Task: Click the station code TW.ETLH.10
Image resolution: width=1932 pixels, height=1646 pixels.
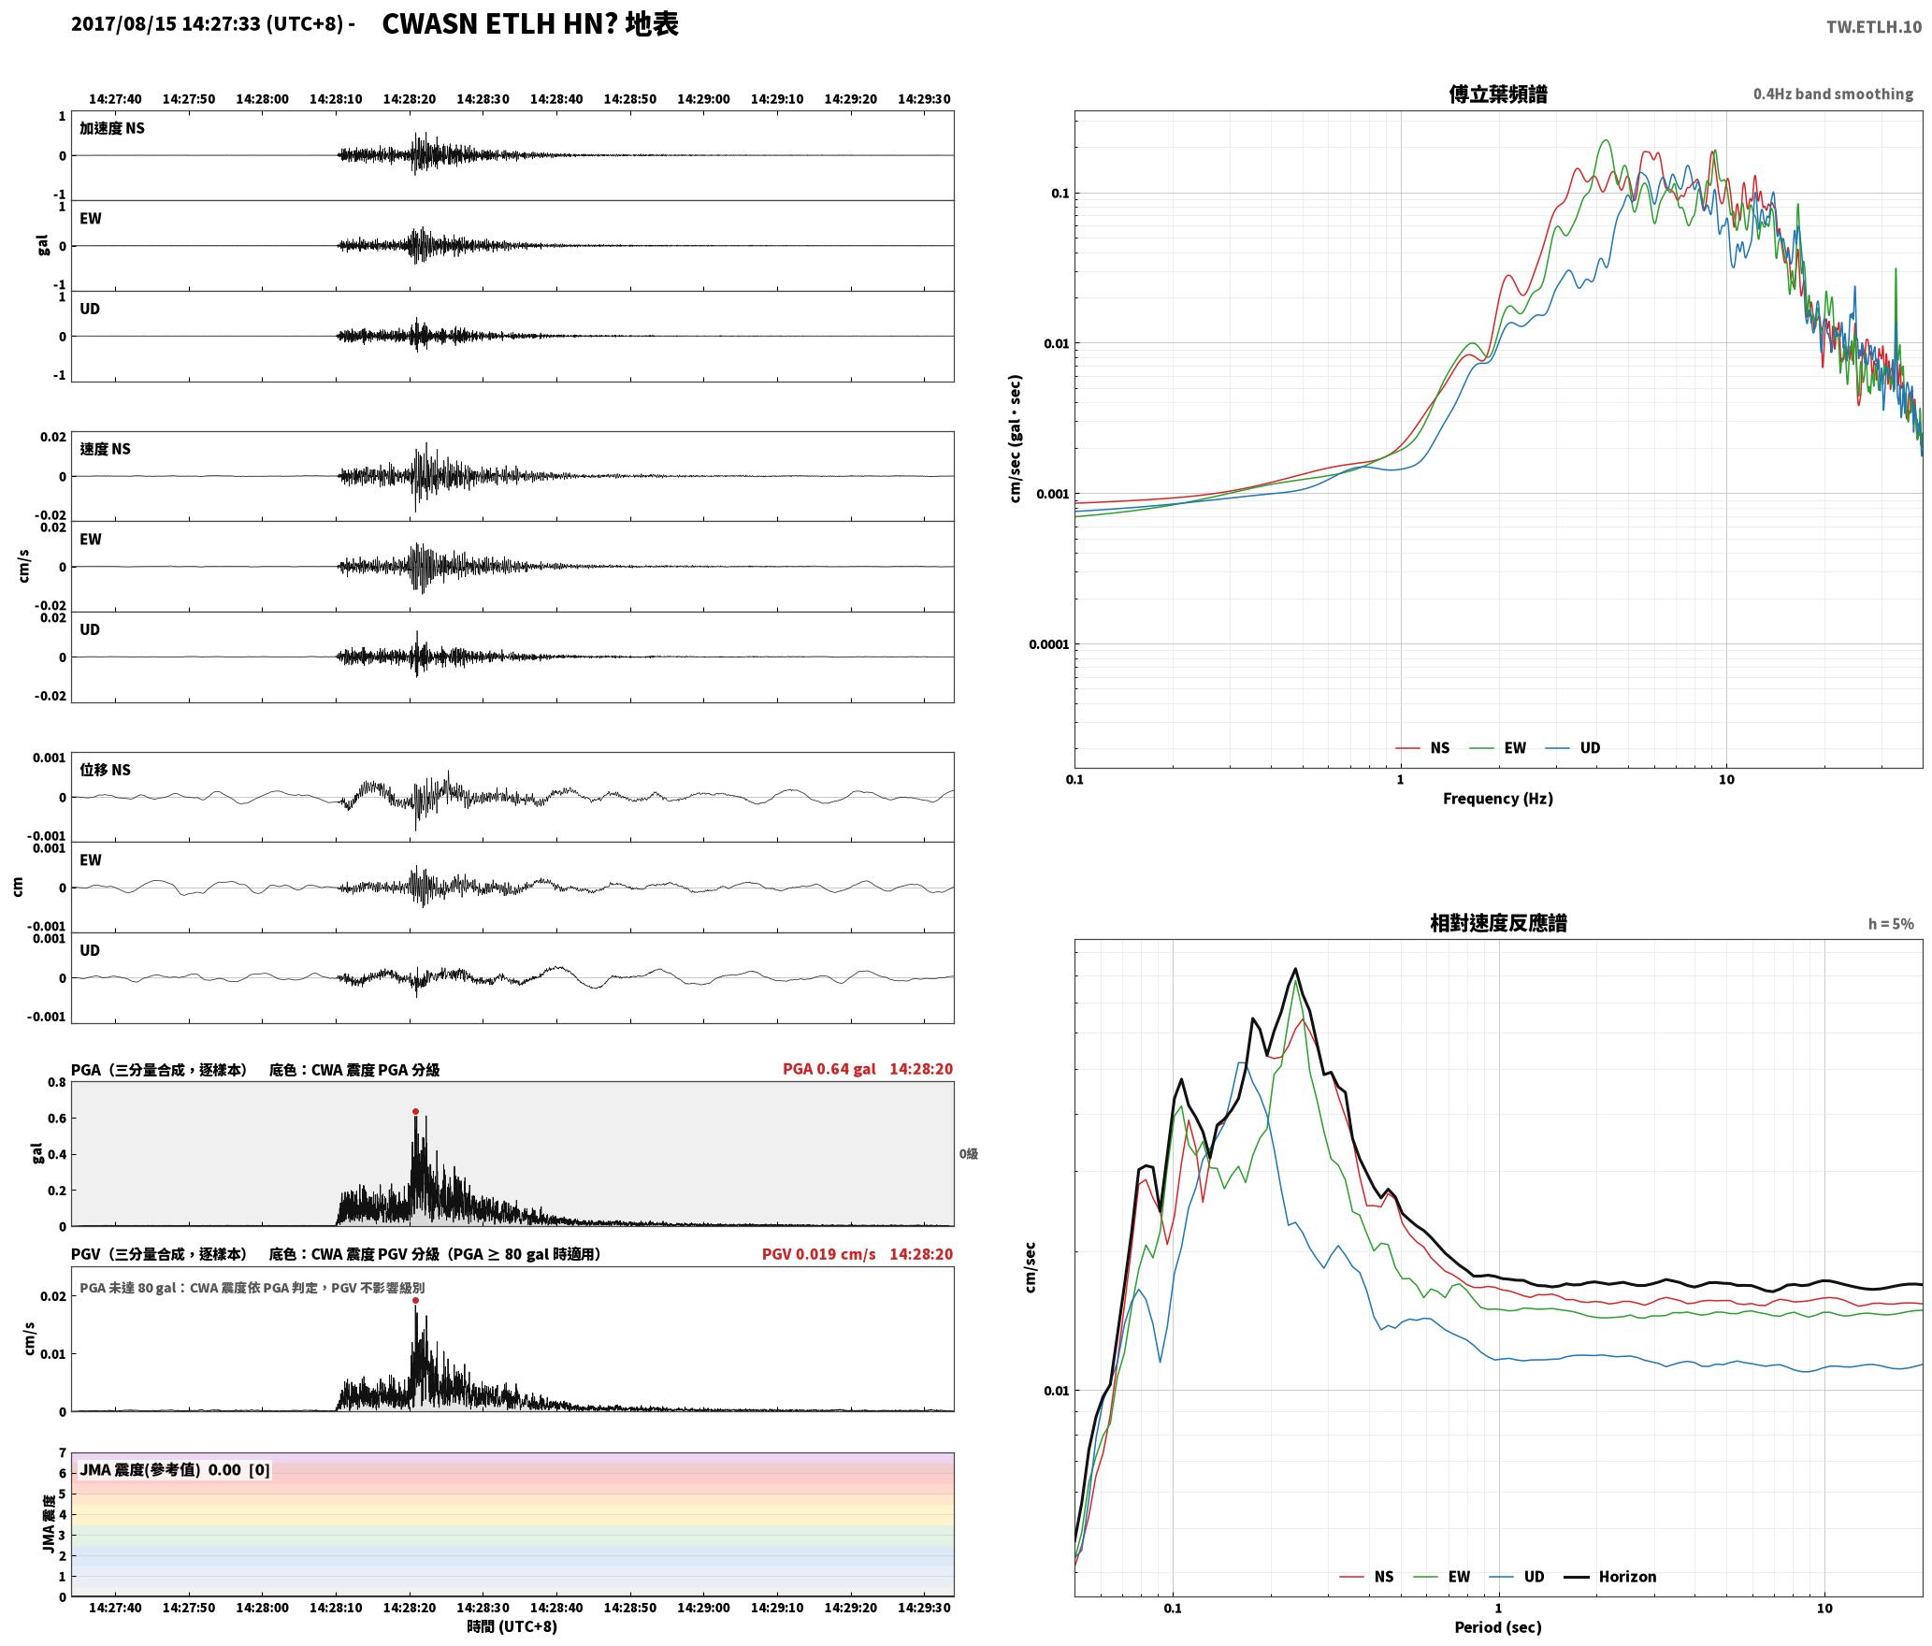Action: coord(1873,26)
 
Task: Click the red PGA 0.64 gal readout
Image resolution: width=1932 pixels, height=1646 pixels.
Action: coord(829,1069)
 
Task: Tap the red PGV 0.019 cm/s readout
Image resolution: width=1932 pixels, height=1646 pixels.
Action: coord(818,1254)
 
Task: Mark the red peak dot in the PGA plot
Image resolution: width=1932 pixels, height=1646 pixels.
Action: coord(415,1112)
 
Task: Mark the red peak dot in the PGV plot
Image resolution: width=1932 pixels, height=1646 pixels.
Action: coord(415,1301)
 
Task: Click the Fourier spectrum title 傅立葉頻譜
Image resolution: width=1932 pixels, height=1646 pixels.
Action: coord(1497,94)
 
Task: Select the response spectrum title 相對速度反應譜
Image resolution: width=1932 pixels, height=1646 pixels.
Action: coord(1497,923)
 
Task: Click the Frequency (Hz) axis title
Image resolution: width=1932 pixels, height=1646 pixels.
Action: coord(1497,799)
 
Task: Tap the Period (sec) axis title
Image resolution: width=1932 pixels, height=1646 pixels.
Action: coord(1497,1627)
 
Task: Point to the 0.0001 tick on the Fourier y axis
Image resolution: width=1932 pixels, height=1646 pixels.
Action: coord(1047,644)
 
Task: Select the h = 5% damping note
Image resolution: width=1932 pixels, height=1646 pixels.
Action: coord(1891,924)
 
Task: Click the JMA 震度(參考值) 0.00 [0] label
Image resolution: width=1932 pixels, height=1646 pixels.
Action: coord(175,1469)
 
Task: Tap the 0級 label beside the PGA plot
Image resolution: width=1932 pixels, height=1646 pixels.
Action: coord(968,1154)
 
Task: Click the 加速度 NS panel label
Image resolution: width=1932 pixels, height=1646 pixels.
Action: coord(112,128)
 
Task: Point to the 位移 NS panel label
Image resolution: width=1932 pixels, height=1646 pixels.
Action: coord(105,770)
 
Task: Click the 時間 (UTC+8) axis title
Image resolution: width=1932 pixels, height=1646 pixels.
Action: coord(512,1626)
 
